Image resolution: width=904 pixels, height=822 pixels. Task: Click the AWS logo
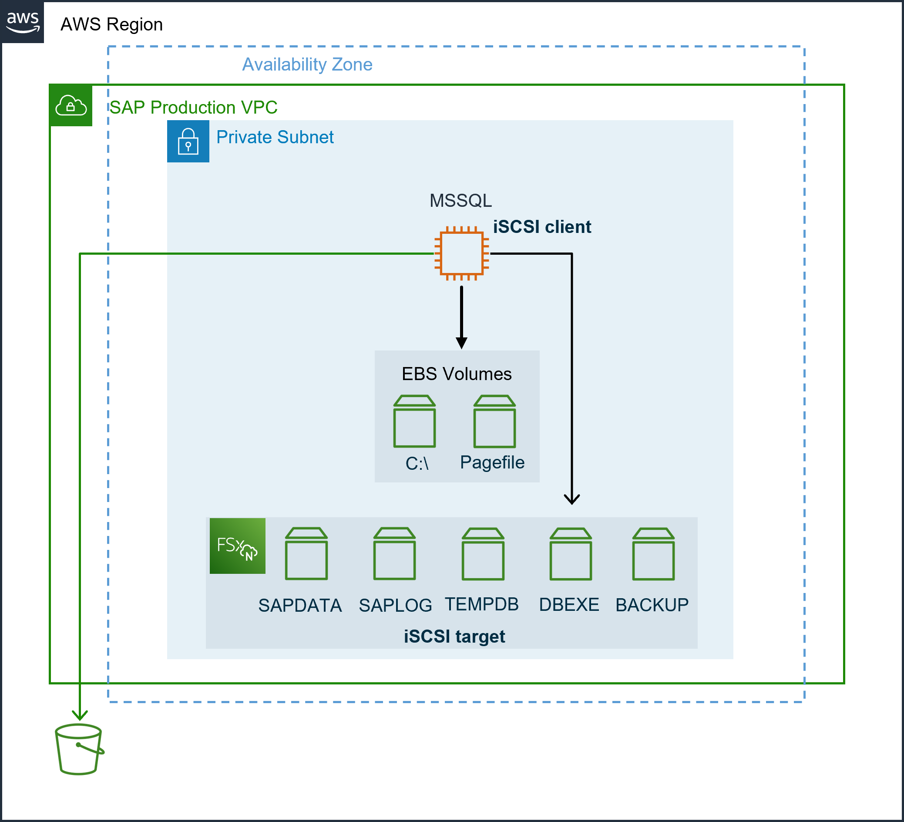coord(23,21)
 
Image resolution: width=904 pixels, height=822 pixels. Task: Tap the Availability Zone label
coord(307,64)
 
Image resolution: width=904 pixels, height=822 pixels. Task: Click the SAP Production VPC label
coord(193,108)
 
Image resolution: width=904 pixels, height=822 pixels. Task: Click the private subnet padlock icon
coord(188,141)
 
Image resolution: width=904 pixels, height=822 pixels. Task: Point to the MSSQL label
coord(460,200)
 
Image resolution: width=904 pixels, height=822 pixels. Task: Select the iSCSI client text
coord(542,227)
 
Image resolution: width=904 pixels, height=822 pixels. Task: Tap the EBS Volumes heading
coord(457,374)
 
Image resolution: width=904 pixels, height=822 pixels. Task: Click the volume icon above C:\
coord(414,421)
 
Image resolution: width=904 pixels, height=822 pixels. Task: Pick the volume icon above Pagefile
coord(494,421)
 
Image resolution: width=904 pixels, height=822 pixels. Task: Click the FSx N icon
coord(237,546)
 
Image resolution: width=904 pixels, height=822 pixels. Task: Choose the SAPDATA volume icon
coord(306,554)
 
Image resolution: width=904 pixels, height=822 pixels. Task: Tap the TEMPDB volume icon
coord(483,554)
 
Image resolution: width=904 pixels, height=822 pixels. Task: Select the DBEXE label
coord(568,605)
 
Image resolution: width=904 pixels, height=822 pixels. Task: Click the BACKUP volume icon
coord(653,554)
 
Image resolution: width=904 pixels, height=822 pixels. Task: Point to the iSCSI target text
coord(454,637)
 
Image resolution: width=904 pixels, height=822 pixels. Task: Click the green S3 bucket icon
coord(79,749)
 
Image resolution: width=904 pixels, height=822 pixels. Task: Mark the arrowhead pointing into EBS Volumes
coord(461,343)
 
